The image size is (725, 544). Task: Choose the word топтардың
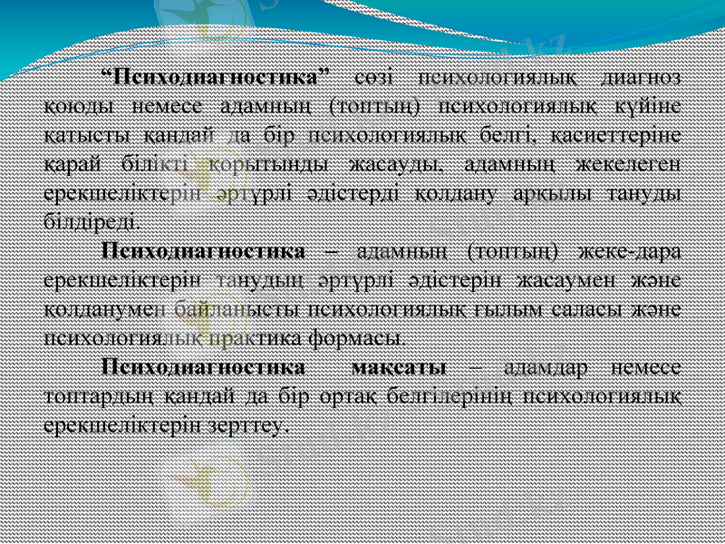point(92,396)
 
